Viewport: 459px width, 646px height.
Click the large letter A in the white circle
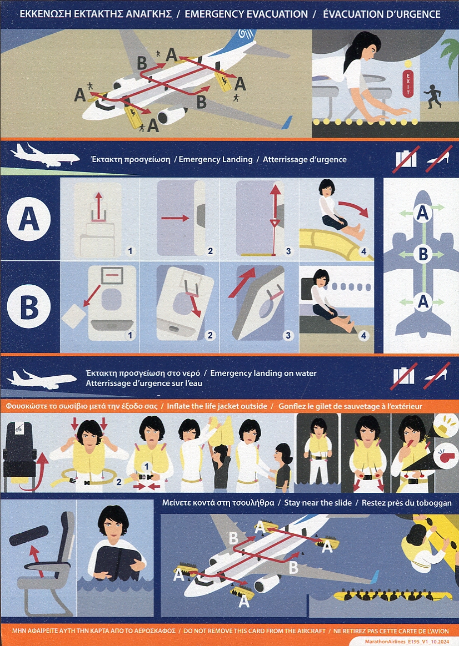(x=29, y=219)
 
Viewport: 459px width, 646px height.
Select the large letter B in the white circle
(x=29, y=306)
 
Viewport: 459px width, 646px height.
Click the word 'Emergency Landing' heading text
(x=215, y=159)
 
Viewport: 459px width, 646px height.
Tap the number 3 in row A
(x=288, y=251)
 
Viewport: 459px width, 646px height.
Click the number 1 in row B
(x=131, y=335)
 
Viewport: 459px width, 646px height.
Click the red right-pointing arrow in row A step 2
(x=175, y=218)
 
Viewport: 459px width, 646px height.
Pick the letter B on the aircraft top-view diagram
(x=423, y=254)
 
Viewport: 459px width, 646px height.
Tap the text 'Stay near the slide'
(x=318, y=503)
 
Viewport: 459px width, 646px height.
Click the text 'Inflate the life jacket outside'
(x=217, y=406)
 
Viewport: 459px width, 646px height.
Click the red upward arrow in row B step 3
(x=242, y=282)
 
